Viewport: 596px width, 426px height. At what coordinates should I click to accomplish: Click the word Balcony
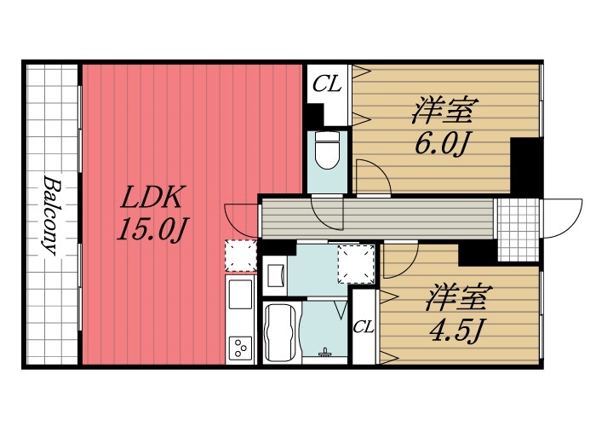49,216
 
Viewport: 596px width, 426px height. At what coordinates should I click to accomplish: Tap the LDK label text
150,199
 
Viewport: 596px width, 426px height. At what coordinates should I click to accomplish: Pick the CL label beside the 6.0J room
327,84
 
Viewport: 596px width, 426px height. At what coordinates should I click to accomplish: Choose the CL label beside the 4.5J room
364,326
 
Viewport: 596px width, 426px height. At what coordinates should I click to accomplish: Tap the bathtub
280,332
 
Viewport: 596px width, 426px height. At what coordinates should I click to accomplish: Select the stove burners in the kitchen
241,348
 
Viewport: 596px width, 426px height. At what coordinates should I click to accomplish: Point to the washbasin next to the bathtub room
277,274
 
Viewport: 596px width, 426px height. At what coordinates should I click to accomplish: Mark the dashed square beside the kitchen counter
240,255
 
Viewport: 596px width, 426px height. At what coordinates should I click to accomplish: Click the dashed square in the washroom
356,263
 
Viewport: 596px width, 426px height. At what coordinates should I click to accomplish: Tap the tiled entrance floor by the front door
518,228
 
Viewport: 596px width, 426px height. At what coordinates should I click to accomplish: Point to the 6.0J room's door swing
373,178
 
